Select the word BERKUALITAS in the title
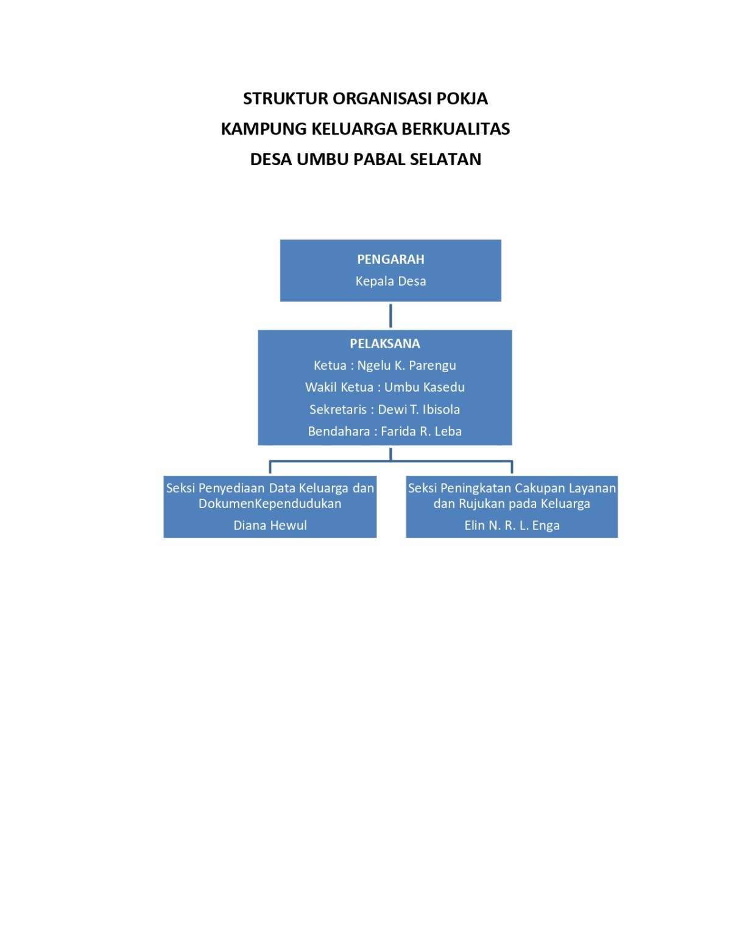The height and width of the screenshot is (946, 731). (x=456, y=129)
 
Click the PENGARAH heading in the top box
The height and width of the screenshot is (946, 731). (x=390, y=259)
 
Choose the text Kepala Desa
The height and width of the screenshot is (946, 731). (x=390, y=281)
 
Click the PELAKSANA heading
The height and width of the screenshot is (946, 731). (x=385, y=344)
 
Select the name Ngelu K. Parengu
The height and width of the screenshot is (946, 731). (x=407, y=365)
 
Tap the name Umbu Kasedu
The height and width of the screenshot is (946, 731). (x=425, y=387)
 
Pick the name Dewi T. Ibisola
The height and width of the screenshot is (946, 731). (x=419, y=410)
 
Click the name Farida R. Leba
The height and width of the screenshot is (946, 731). (x=421, y=431)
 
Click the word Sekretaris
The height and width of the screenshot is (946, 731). (x=338, y=410)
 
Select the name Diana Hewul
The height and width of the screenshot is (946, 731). (x=270, y=526)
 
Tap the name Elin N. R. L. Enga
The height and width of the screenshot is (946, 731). (x=512, y=526)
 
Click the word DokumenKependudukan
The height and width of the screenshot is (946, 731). (x=270, y=504)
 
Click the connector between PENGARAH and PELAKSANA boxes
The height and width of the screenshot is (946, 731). (x=390, y=316)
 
